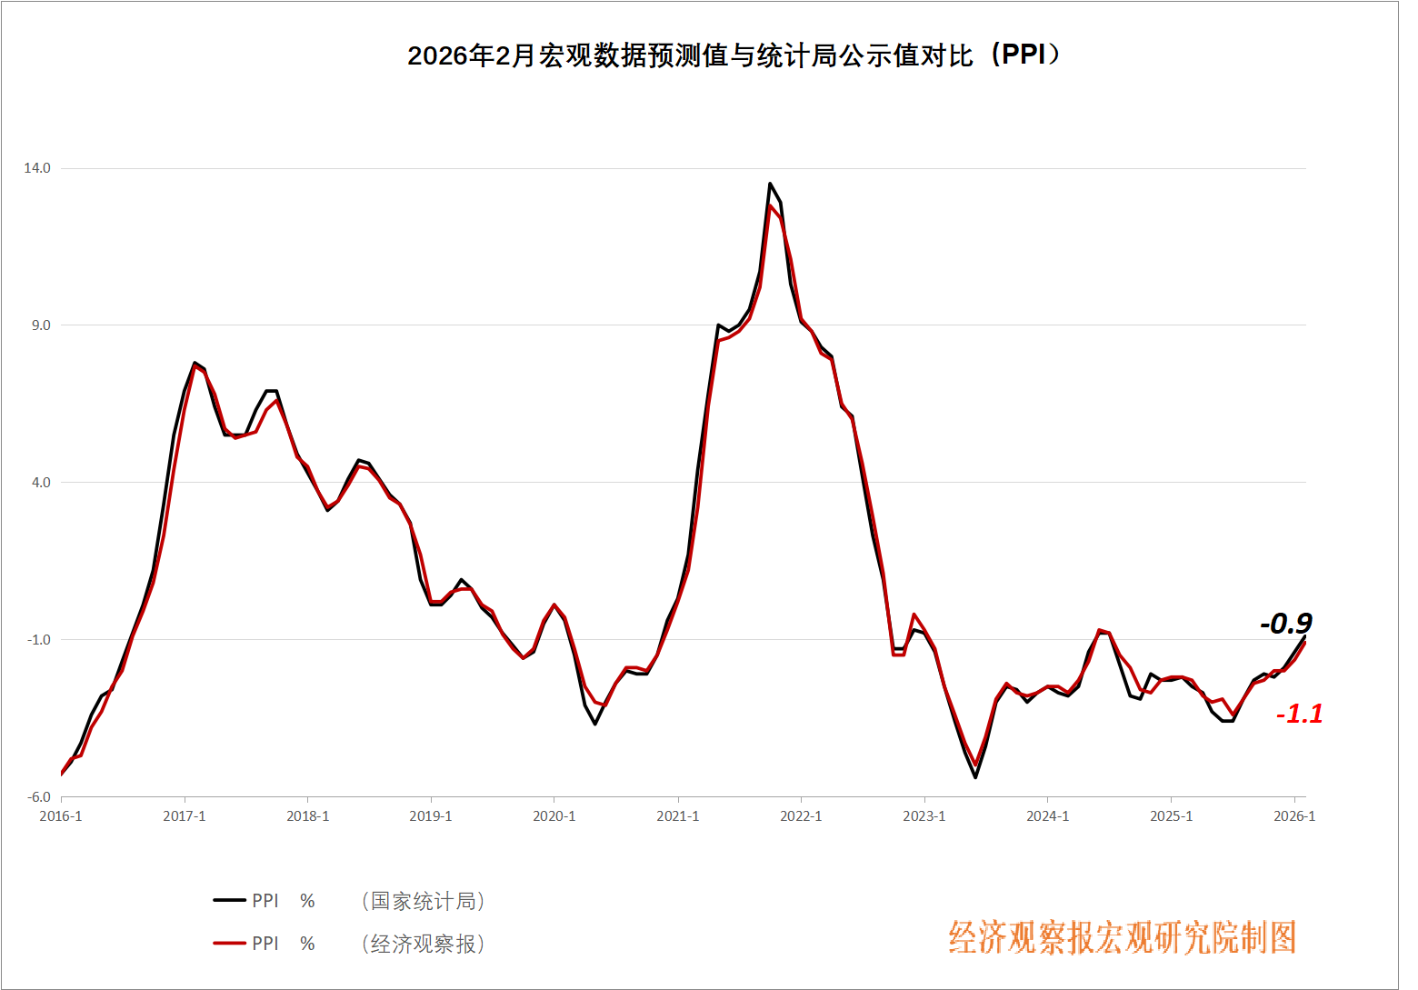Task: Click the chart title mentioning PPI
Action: (734, 55)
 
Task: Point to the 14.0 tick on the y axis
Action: (37, 168)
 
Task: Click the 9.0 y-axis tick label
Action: (41, 325)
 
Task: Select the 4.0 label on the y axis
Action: (41, 483)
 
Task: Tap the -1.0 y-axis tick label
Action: (39, 640)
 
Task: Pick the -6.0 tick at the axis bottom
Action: (39, 797)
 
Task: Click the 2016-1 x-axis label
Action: (61, 816)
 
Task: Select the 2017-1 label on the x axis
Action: (185, 816)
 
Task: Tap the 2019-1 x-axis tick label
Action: (431, 816)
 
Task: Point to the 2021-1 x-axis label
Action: (678, 816)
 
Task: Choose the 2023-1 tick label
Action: (924, 816)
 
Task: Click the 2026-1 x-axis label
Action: (1294, 816)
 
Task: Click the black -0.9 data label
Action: (1286, 624)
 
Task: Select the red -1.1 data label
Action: (1300, 715)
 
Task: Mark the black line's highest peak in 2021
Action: (770, 184)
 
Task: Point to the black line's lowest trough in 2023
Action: (975, 777)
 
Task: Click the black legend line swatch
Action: (230, 901)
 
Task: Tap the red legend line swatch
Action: (230, 944)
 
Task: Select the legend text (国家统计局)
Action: (424, 901)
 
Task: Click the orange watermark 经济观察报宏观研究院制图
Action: (1123, 938)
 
